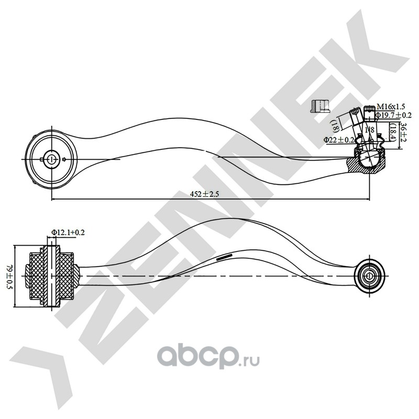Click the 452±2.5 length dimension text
(x=203, y=194)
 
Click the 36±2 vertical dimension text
(x=403, y=134)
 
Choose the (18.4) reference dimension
(x=392, y=132)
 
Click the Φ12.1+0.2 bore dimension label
(x=68, y=231)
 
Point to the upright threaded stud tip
(x=369, y=111)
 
